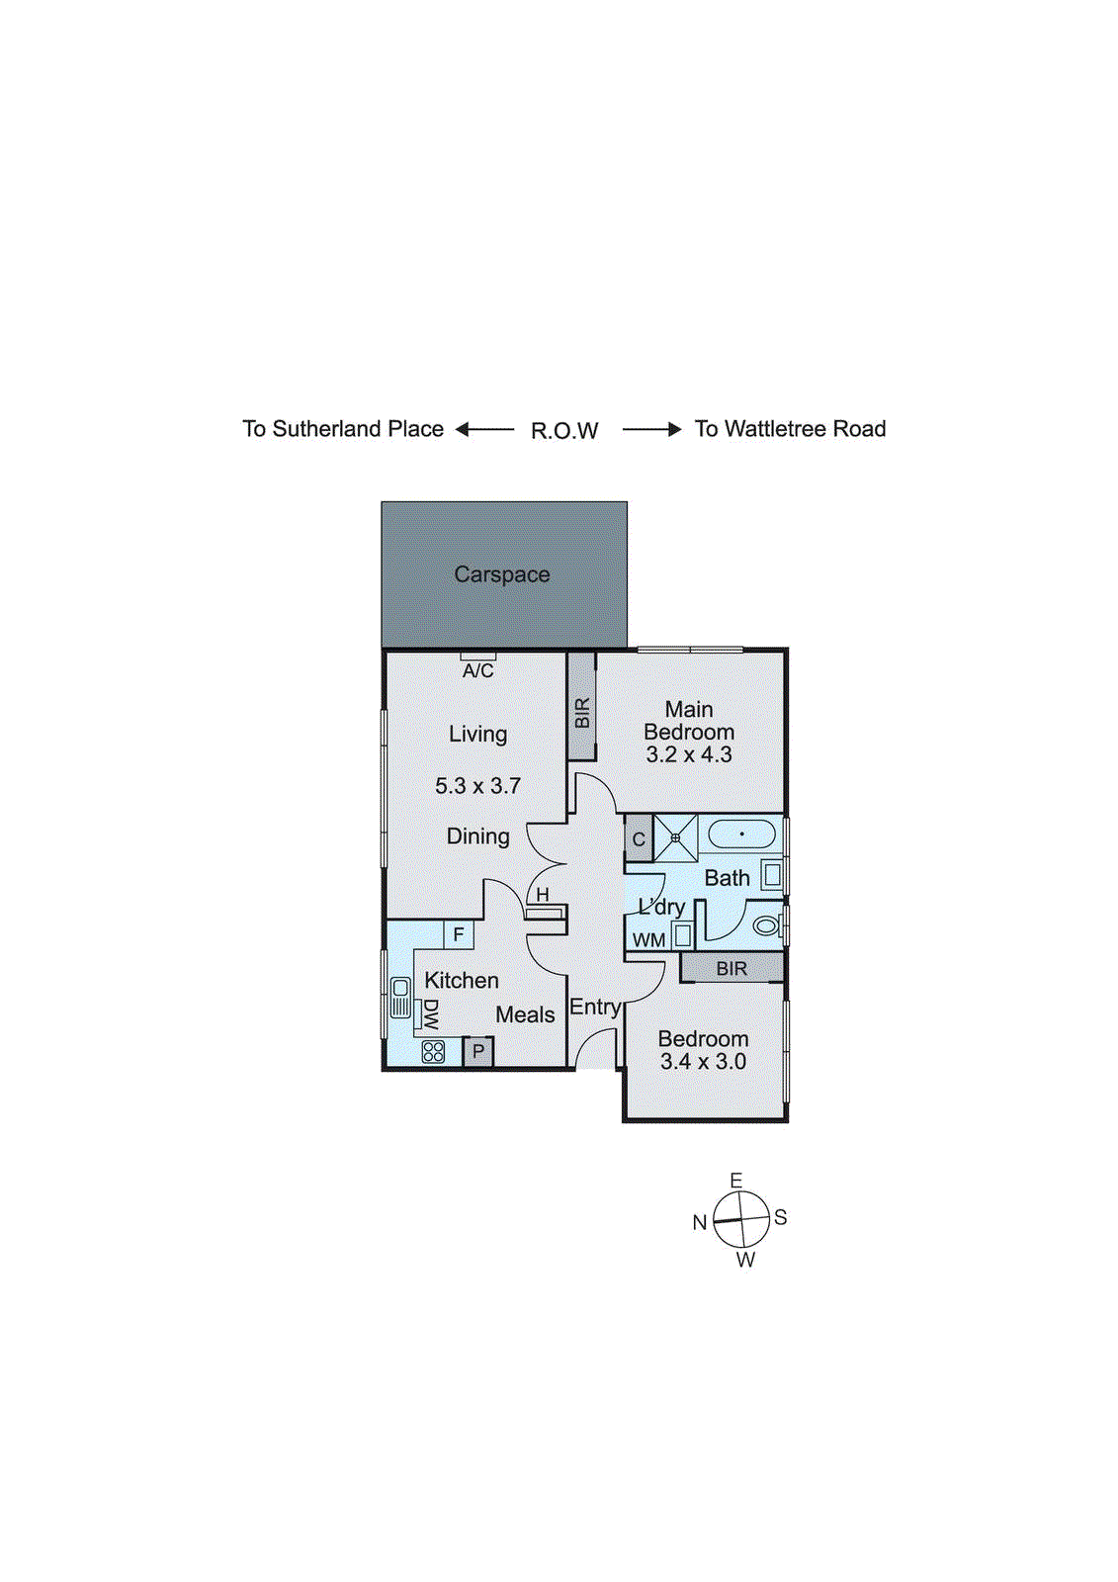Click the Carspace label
point(501,574)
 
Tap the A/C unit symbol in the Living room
point(477,657)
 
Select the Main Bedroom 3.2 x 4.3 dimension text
point(689,755)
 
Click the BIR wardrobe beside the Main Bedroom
point(581,708)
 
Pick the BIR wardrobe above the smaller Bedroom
point(731,968)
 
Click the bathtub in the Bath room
point(741,834)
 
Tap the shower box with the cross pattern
point(675,838)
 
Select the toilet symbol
point(766,926)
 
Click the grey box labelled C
point(639,839)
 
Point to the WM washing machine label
point(648,940)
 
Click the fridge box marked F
point(459,934)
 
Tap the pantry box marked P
point(478,1051)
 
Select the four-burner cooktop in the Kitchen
point(433,1051)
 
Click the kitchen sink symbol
point(400,997)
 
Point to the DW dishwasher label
point(430,1014)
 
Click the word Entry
point(595,1008)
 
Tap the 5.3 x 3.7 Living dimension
point(477,786)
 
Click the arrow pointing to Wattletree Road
point(652,429)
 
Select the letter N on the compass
point(700,1223)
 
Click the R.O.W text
point(564,431)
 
